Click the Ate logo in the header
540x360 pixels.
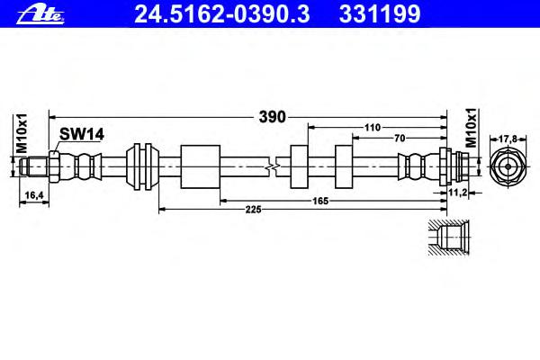40,14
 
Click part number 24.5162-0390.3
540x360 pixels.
221,14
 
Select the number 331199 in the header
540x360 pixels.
380,14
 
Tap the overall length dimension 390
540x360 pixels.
272,117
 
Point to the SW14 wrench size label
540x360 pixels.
82,134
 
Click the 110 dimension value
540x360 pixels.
373,128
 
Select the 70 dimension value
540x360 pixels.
400,138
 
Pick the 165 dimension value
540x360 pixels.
320,201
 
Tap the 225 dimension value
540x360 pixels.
253,209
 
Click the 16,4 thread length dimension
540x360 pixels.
34,195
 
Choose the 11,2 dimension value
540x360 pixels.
457,193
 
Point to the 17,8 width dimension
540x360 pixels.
508,139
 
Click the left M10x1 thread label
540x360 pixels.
22,134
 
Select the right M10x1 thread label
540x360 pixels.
471,128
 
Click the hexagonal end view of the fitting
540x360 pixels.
508,166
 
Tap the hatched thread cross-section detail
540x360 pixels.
449,238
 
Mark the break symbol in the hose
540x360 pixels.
273,167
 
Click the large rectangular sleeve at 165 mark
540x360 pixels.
200,166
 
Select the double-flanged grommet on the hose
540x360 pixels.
142,166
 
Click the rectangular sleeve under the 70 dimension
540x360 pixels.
344,166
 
